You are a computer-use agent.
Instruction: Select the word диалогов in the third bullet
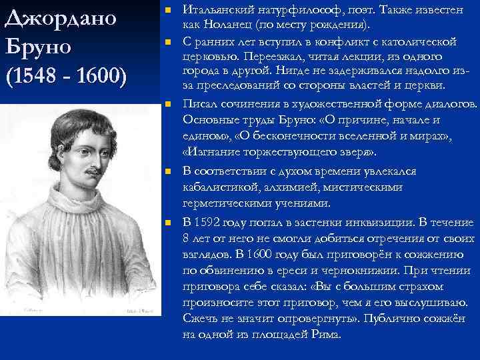coord(450,104)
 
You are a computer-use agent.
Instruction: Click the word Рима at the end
coord(326,334)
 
